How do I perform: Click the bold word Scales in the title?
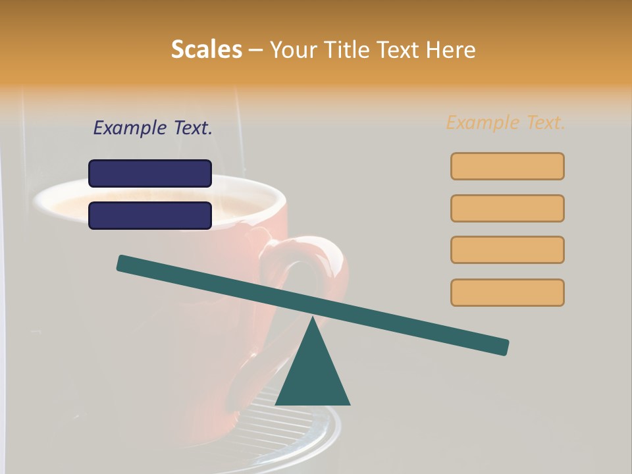[x=206, y=49]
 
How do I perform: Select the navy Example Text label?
[x=153, y=128]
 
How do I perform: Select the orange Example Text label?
[x=506, y=122]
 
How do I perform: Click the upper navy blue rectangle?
[x=150, y=173]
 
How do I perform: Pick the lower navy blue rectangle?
[x=150, y=215]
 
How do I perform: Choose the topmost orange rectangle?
[x=507, y=166]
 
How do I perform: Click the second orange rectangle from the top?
[x=507, y=208]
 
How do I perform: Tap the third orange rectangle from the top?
[x=507, y=250]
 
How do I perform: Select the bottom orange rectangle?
[x=507, y=292]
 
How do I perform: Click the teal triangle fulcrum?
[x=313, y=372]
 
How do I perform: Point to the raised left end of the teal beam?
[x=122, y=263]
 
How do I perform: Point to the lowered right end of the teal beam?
[x=503, y=347]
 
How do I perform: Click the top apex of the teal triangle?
[x=313, y=319]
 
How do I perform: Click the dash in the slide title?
[x=256, y=50]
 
